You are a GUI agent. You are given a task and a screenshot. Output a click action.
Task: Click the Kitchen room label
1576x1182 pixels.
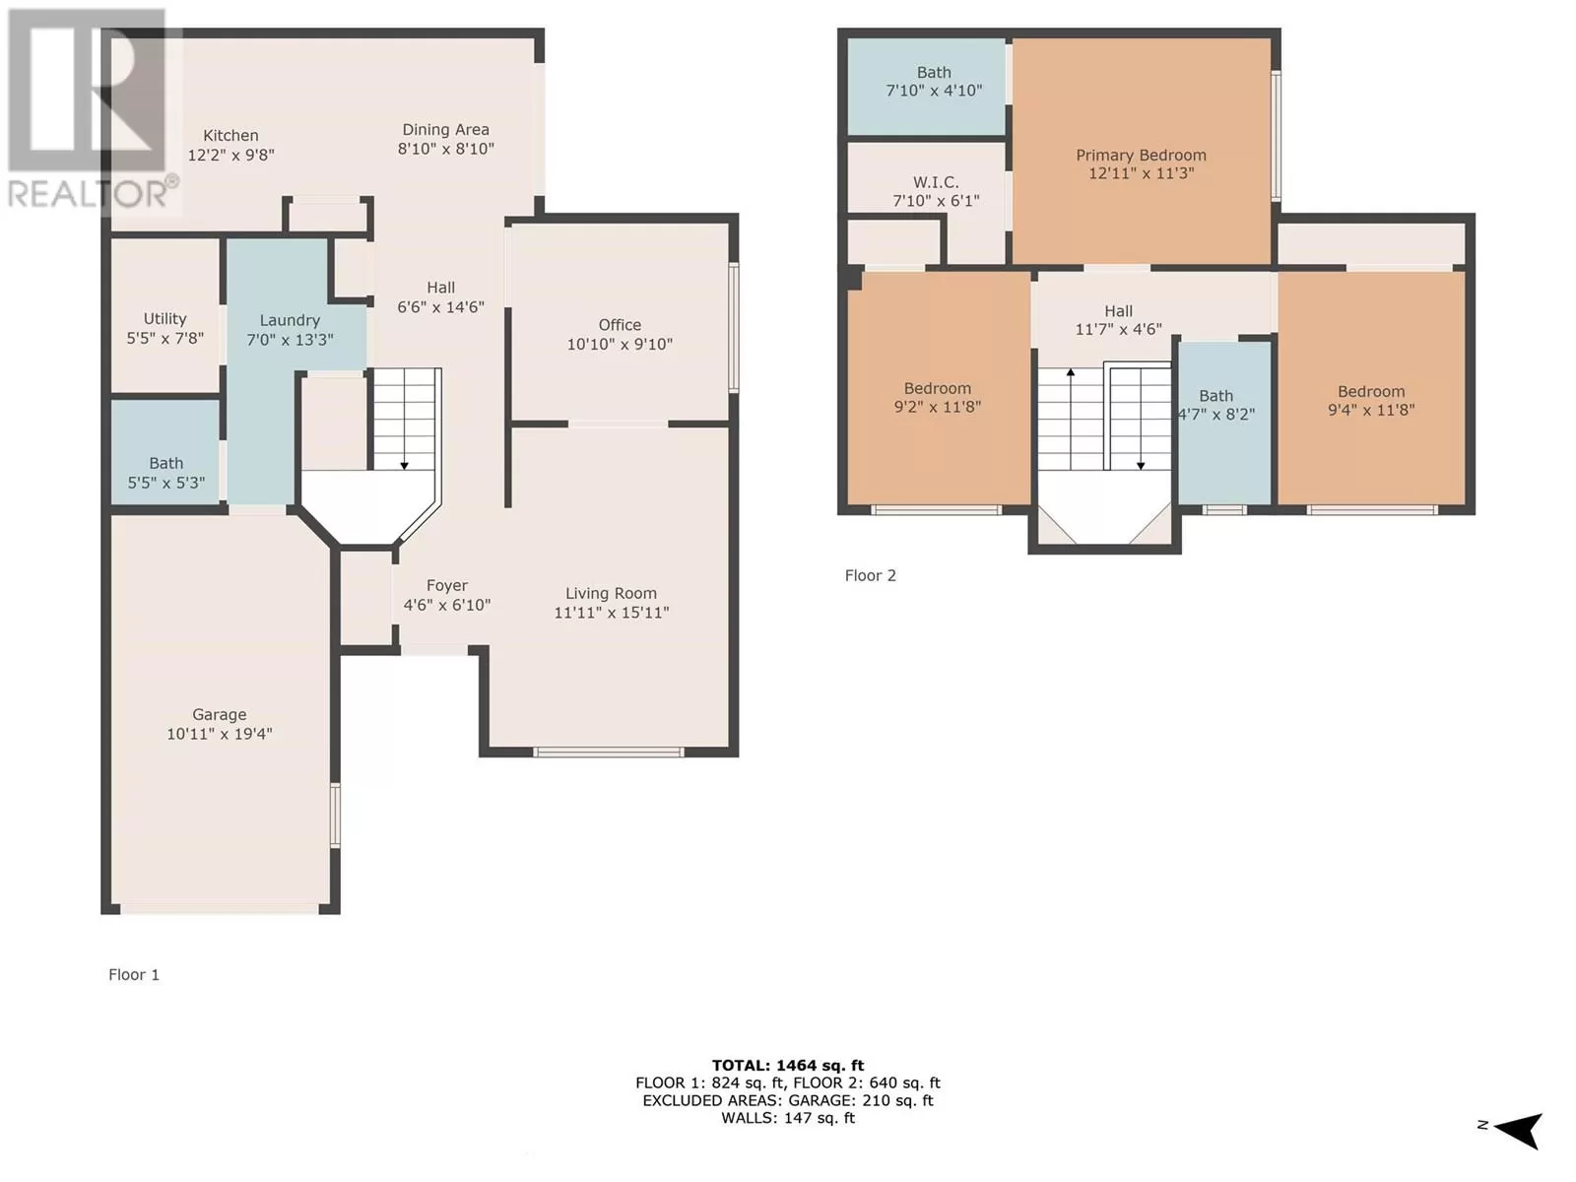click(x=230, y=135)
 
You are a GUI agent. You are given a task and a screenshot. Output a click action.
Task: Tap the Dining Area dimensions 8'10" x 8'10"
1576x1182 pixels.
click(x=446, y=149)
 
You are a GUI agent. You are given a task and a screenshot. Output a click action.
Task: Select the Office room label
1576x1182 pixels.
click(x=620, y=324)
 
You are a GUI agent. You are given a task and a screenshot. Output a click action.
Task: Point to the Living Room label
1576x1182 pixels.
click(x=611, y=594)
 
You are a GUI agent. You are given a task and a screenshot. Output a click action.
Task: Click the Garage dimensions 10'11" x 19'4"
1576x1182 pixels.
click(x=220, y=734)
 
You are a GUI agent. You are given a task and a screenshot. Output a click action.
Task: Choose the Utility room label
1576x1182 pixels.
click(x=165, y=318)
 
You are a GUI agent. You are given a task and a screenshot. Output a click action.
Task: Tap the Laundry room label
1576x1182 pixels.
click(x=290, y=320)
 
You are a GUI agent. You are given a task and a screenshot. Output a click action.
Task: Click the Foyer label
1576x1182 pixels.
click(x=446, y=586)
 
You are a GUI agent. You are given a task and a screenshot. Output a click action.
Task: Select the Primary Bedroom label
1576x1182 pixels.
click(x=1141, y=155)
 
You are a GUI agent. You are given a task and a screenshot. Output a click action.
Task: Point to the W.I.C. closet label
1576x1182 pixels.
click(x=936, y=182)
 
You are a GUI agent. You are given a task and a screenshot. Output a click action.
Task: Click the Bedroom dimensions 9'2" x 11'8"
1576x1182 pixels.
click(x=937, y=407)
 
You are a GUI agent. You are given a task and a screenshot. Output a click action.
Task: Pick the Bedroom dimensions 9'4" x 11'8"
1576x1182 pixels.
click(x=1371, y=410)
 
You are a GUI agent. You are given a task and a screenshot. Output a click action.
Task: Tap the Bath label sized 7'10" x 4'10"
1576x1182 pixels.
click(x=934, y=73)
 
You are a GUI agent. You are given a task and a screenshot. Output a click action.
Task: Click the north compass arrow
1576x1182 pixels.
click(x=1519, y=1131)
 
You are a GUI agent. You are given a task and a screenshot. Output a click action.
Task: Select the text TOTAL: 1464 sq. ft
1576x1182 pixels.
click(x=788, y=1066)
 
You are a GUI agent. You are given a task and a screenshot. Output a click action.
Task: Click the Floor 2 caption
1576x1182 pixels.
click(x=870, y=575)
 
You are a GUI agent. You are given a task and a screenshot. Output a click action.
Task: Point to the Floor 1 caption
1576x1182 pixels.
click(x=134, y=974)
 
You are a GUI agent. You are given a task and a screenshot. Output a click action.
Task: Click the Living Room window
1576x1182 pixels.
click(x=608, y=753)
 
